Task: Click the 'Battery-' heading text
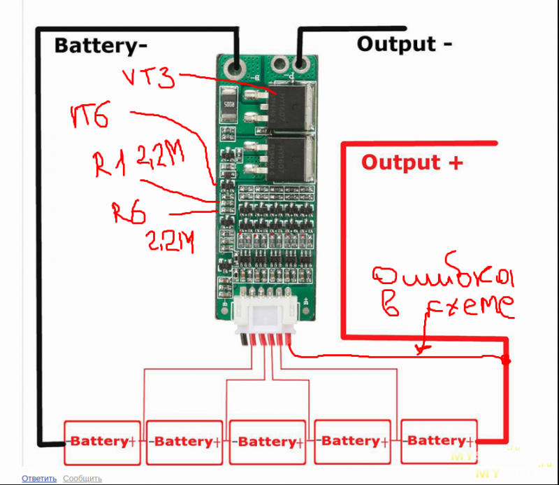click(101, 45)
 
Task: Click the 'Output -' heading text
click(404, 43)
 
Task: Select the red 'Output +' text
click(412, 162)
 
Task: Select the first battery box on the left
click(103, 442)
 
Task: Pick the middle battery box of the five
click(268, 442)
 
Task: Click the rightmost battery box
click(437, 441)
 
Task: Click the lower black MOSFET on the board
click(292, 159)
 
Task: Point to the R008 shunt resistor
click(228, 102)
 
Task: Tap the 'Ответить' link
click(39, 479)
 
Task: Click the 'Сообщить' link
click(82, 479)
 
